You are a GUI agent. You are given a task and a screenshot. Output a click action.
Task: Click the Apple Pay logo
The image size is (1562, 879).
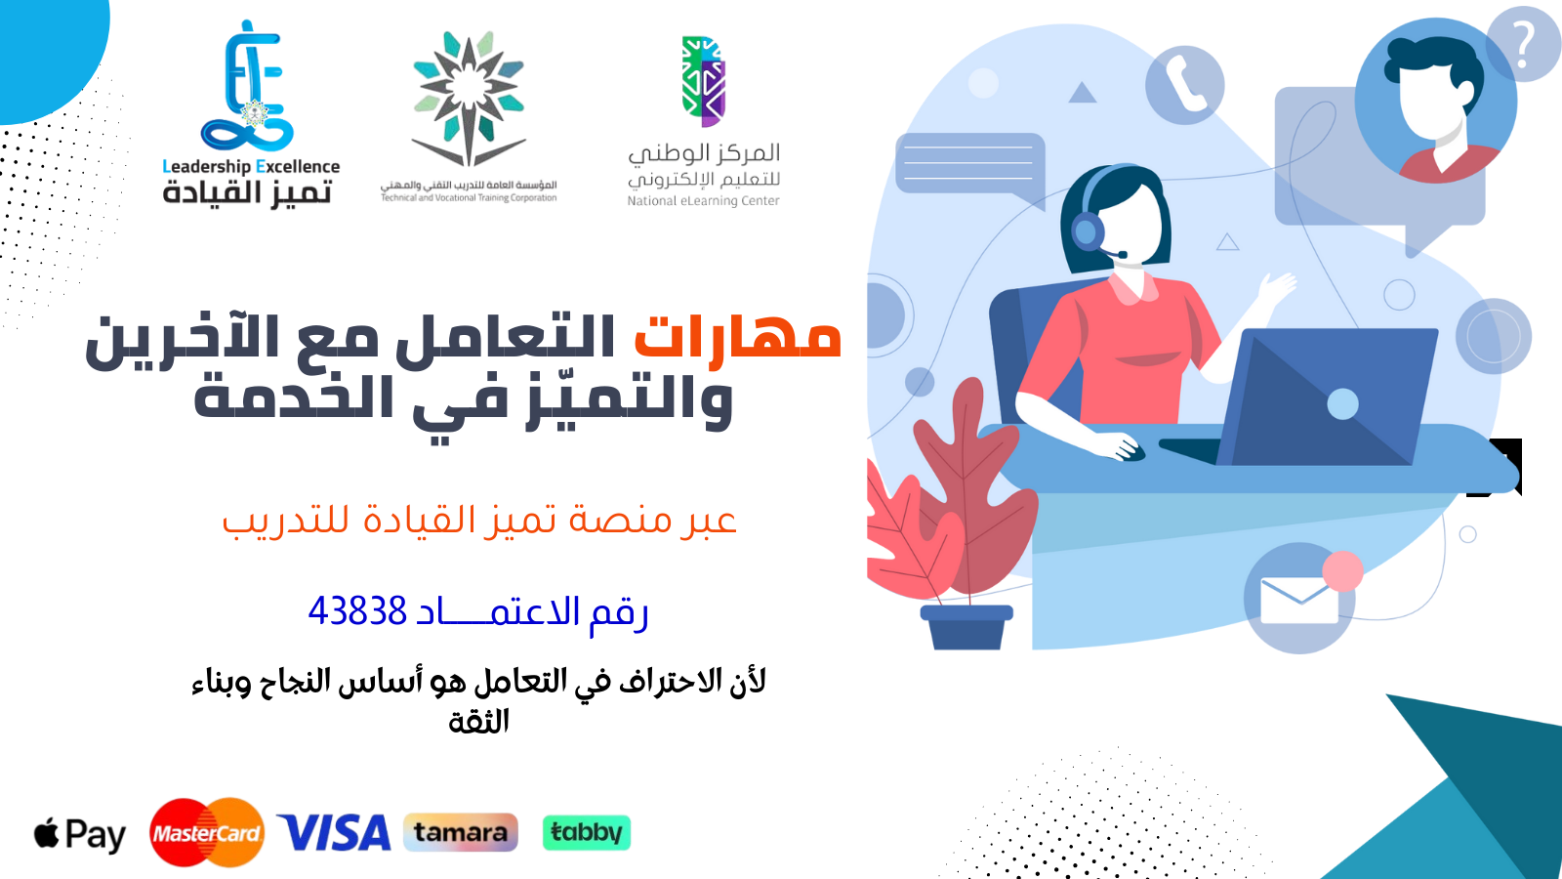click(80, 834)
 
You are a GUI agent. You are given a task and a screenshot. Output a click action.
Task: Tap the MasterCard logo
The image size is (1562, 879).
click(207, 833)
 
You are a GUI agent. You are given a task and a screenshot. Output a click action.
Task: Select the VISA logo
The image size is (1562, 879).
click(334, 833)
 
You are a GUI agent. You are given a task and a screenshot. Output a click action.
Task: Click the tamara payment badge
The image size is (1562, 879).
click(460, 832)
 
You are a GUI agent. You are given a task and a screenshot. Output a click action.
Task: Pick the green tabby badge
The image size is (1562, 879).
click(586, 832)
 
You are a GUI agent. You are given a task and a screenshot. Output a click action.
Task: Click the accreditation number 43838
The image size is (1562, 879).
click(357, 611)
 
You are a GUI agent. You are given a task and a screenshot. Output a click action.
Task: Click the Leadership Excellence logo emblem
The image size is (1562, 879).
click(248, 88)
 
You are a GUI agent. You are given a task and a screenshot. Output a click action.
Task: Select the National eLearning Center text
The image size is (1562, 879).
click(703, 201)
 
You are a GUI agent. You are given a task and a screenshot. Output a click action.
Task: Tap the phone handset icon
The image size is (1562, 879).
click(1184, 85)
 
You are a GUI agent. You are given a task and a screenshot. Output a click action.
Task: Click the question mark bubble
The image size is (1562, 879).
click(1523, 45)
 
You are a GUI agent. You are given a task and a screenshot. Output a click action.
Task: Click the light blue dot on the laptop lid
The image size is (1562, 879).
click(1342, 403)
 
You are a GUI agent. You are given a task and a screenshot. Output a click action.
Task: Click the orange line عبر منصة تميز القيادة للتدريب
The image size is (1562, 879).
click(478, 520)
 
